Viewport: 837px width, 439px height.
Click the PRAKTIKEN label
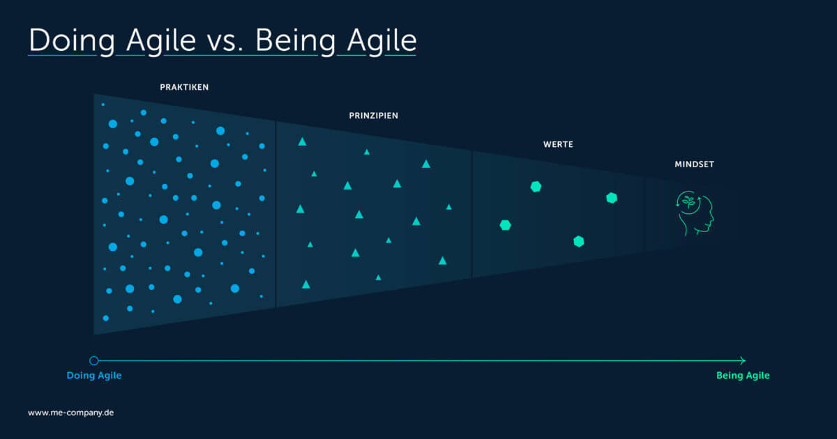coord(184,88)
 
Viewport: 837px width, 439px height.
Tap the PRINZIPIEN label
coord(374,116)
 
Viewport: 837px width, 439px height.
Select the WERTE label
coord(558,145)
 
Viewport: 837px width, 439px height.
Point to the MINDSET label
coord(694,165)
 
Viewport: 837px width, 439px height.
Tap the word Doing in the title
coord(72,41)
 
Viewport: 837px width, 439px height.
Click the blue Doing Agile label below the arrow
coord(94,376)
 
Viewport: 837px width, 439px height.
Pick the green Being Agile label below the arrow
coord(743,376)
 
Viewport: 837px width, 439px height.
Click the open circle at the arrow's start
coord(94,360)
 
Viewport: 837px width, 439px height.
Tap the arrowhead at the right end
coord(742,360)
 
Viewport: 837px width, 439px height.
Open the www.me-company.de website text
coord(70,413)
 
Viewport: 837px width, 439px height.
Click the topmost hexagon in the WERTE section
coord(536,186)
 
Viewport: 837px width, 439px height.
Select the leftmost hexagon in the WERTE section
coord(506,225)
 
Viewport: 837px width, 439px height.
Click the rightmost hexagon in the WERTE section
coord(612,198)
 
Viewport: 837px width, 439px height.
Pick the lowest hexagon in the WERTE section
coord(578,241)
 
